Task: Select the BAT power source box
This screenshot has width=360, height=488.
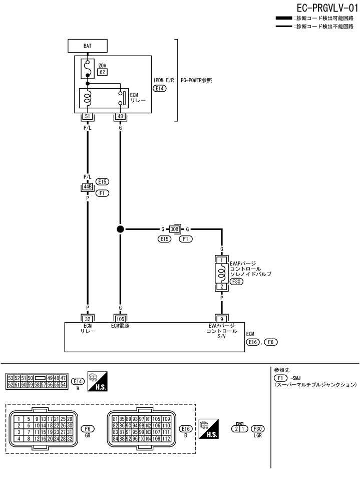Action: (88, 46)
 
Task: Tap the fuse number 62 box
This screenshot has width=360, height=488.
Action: (102, 72)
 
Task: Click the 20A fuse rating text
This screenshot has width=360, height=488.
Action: (103, 65)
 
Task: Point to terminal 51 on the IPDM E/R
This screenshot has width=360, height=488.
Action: (88, 117)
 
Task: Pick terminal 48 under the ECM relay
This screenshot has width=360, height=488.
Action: (120, 117)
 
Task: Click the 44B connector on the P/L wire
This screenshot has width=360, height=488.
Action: (88, 187)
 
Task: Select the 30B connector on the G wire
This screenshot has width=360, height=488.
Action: (175, 229)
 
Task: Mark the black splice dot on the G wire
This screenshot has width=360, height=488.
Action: (120, 229)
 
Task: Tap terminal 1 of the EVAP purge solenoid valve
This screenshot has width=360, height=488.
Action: (221, 261)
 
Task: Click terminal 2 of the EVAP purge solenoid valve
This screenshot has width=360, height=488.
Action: (221, 287)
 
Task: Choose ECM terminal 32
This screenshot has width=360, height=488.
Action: (88, 318)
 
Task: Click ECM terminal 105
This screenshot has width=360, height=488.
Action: (120, 318)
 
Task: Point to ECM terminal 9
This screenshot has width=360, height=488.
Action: (221, 318)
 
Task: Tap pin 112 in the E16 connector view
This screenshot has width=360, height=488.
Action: (167, 439)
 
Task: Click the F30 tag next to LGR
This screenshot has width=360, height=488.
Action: (258, 429)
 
